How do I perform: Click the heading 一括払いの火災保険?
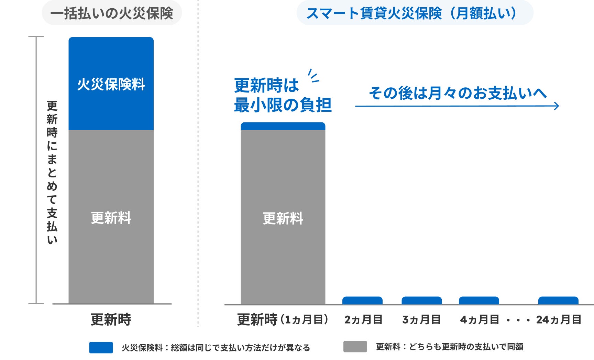pos(112,13)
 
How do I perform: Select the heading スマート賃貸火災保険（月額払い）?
pos(411,13)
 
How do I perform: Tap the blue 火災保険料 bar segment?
pos(111,84)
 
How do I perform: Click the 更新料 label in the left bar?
pos(111,218)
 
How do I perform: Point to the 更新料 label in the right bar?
pos(283,218)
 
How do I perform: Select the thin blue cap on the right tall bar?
pos(283,126)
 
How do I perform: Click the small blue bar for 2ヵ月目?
pos(362,301)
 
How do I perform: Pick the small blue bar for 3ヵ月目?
pos(422,301)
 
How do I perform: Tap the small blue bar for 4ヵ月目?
pos(479,301)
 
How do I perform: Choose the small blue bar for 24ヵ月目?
pos(558,301)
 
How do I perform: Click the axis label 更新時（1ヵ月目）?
pos(283,320)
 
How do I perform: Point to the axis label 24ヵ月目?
pos(559,320)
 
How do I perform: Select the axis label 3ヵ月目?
pos(422,320)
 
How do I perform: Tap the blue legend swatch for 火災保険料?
pos(101,347)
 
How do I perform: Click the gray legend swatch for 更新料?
pos(355,347)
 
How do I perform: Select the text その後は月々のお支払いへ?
pos(458,93)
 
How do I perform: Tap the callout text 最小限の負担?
pos(283,105)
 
